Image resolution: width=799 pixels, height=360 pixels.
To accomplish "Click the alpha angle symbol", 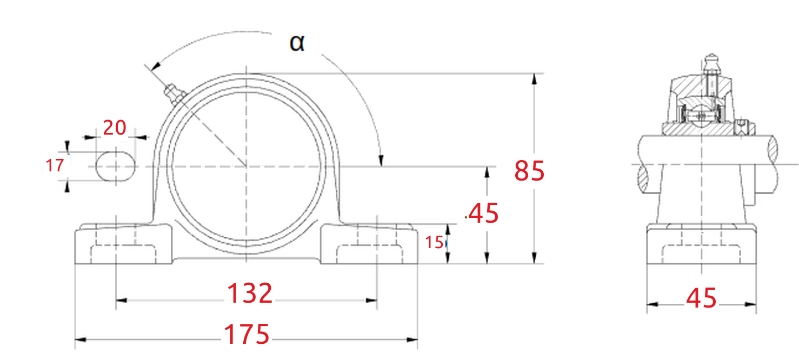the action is (297, 43).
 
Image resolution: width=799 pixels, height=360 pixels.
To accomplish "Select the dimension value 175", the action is (247, 334).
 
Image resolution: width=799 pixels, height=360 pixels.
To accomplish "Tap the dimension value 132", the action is (250, 294).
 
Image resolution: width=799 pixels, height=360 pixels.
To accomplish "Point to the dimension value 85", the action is (529, 171).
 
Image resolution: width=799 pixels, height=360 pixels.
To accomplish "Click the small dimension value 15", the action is (434, 243).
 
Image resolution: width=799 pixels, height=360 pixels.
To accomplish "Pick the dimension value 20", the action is (115, 128).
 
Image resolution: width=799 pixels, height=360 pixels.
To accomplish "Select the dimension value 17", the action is (55, 165).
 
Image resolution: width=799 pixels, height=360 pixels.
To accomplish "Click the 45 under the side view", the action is (701, 298).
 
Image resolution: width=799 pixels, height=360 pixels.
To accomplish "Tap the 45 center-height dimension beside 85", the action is (484, 214).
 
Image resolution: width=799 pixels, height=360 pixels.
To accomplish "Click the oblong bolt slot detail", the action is (116, 166).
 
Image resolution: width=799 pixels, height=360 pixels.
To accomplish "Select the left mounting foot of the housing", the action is (123, 244).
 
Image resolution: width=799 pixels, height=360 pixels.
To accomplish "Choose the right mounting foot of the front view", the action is (369, 244).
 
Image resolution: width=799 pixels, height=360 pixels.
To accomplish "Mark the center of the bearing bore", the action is (246, 166).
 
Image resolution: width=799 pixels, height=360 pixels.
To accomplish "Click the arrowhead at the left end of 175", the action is (80, 339).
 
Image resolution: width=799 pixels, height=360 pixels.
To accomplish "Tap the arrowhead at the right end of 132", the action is (372, 301).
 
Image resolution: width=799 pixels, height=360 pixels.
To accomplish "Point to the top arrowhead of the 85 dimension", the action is (534, 79).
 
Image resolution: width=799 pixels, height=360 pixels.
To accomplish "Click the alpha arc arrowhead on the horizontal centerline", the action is (381, 161).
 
